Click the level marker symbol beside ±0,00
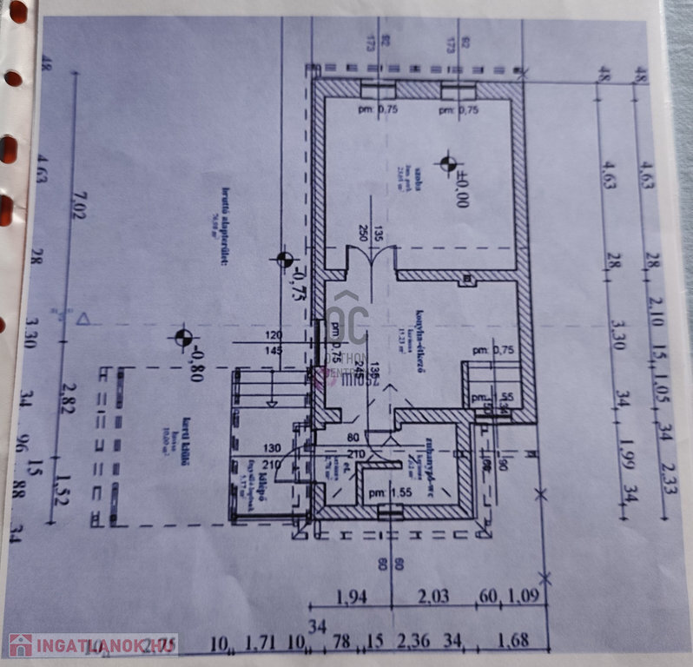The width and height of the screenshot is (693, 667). tap(448, 162)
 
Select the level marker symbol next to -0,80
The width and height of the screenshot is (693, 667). tap(182, 336)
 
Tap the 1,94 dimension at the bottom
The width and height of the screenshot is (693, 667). tap(352, 597)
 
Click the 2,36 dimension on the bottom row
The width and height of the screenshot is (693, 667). tap(413, 643)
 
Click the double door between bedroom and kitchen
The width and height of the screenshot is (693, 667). tap(372, 258)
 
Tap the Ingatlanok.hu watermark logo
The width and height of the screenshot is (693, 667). tap(92, 645)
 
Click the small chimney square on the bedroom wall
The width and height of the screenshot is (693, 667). tap(469, 280)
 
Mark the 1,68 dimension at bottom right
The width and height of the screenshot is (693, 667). tap(514, 643)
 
